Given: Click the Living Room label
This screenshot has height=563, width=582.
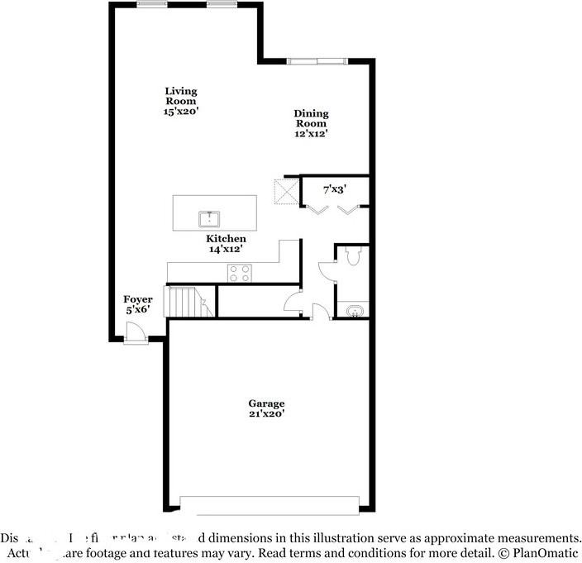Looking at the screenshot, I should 180,96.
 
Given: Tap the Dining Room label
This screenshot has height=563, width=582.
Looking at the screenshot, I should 311,118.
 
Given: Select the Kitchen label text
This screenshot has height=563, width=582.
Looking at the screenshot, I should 226,239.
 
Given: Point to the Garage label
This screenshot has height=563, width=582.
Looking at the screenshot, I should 266,403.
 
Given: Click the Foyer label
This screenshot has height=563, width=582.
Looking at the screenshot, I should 137,299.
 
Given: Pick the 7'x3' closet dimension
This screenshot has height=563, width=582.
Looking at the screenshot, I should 334,189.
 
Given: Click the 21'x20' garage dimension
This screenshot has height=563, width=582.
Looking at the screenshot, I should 266,414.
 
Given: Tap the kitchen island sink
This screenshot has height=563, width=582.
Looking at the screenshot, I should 209,219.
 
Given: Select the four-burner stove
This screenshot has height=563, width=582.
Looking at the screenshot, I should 240,272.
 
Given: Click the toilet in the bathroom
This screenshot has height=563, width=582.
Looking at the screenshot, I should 353,256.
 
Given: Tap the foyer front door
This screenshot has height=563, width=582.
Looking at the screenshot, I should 135,333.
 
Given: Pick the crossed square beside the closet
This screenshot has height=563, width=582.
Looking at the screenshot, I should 286,193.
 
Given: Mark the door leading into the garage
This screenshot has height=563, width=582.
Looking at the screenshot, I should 320,311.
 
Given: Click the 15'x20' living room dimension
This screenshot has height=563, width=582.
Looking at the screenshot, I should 180,112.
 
